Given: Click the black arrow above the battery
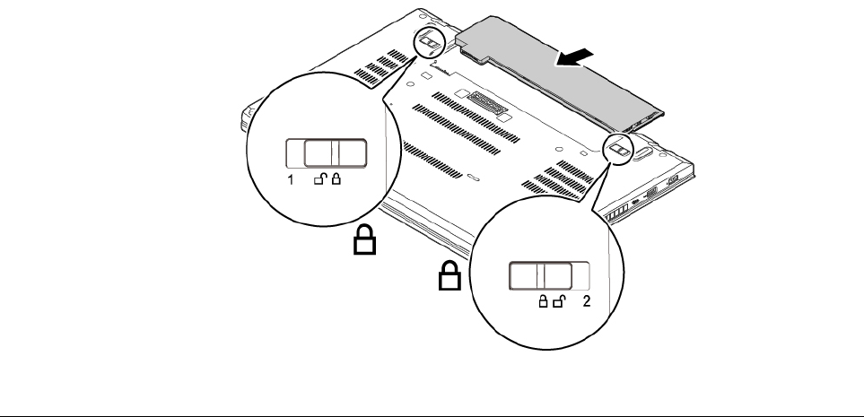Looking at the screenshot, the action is (575, 57).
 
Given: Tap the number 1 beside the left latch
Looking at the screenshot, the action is (290, 180).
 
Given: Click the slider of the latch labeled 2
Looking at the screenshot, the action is (542, 276).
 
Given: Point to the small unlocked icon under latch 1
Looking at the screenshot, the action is (320, 180).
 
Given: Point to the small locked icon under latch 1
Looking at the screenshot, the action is (336, 180).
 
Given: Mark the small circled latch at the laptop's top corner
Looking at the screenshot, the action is (430, 42).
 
